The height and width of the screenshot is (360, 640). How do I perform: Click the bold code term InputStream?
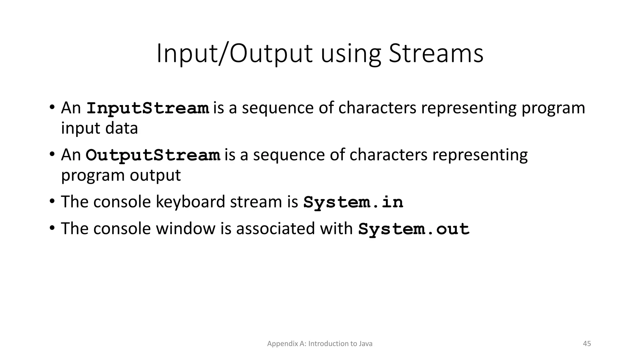tap(147, 108)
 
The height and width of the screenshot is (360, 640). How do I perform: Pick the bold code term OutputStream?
tap(153, 155)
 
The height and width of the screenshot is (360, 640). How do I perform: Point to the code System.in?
tap(353, 202)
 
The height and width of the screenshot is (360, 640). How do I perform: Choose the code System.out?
tap(413, 229)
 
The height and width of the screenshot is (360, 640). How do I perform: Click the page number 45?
tap(587, 344)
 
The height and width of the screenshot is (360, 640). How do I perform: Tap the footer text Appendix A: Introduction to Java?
tap(320, 344)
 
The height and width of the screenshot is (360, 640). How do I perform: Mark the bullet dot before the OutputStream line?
tap(52, 153)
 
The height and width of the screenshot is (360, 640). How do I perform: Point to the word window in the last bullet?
tap(185, 228)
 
